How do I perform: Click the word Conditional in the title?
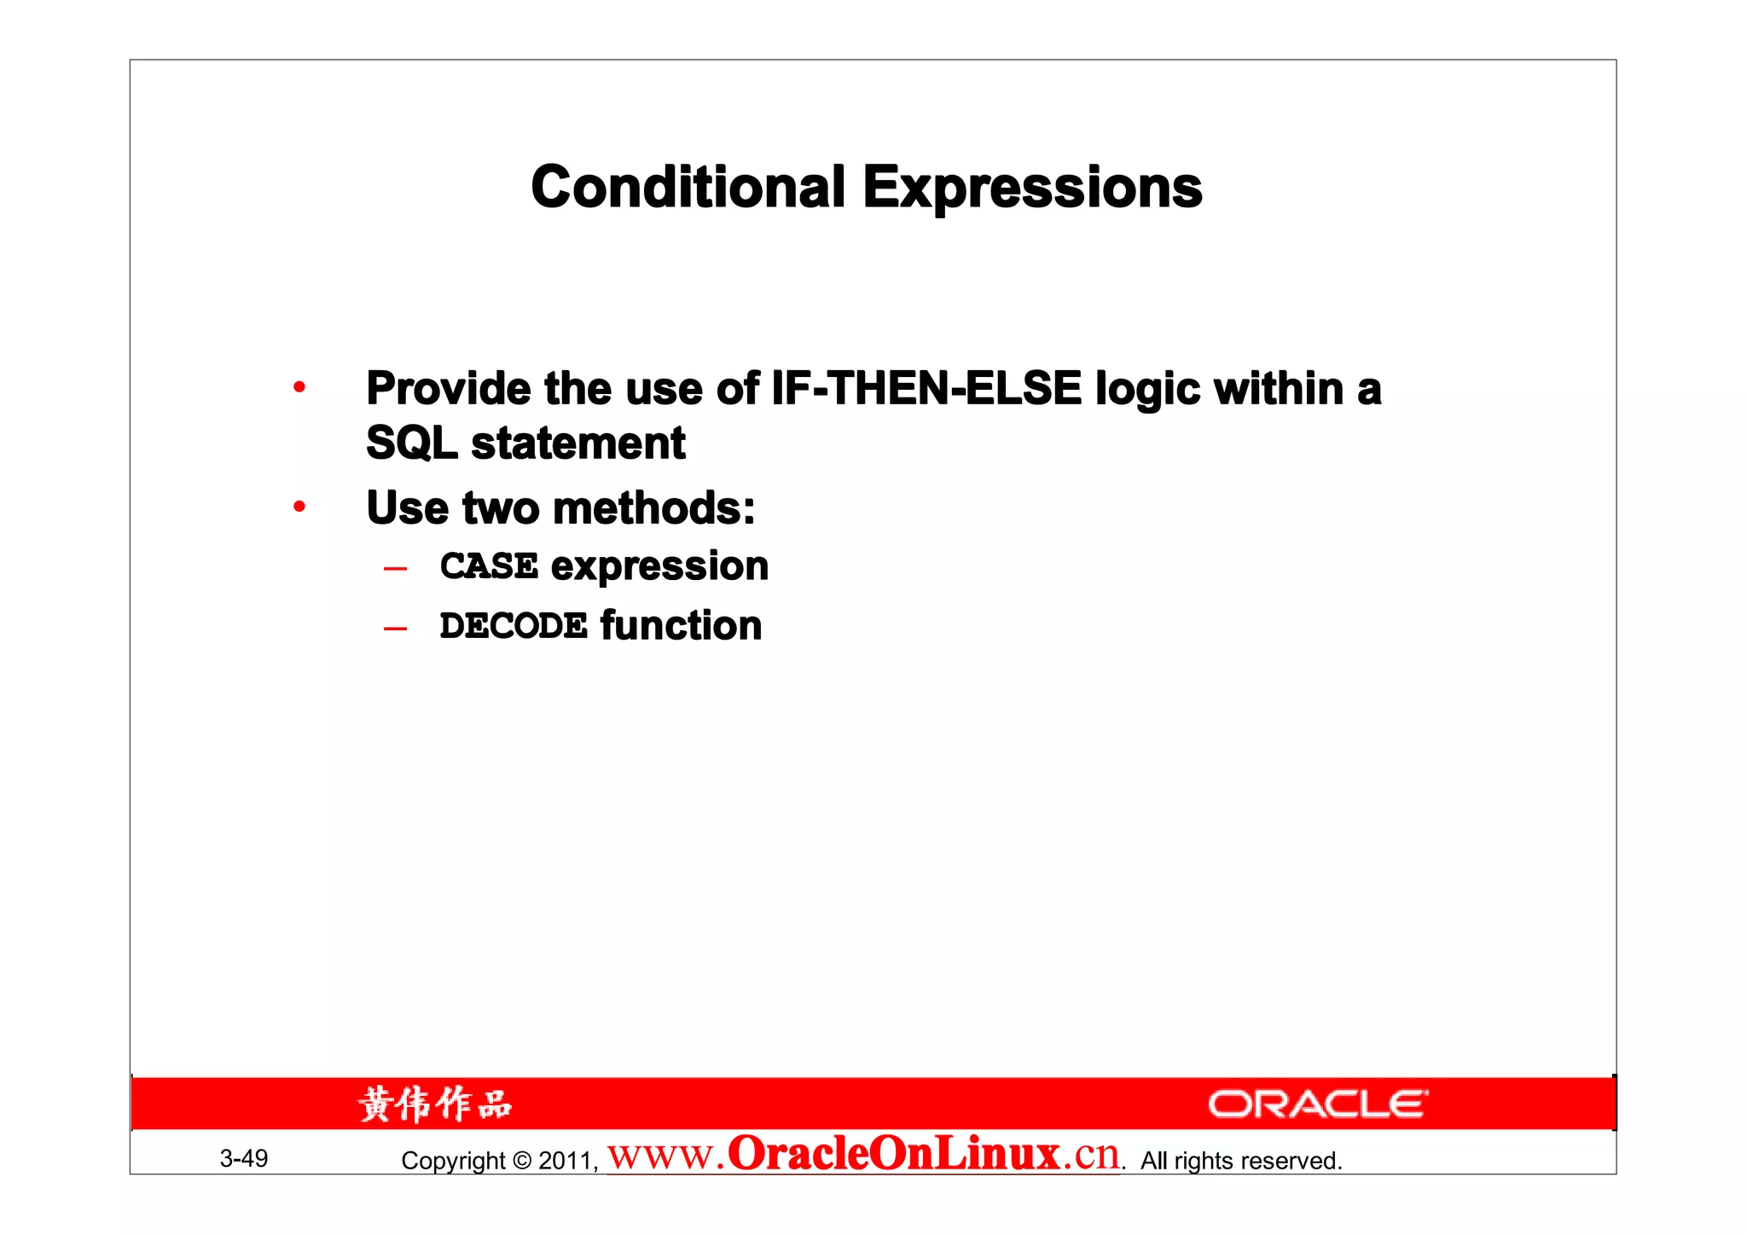point(688,188)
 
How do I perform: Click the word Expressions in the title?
point(1032,188)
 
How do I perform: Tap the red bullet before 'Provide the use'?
point(299,388)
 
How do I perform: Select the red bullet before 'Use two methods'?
point(299,507)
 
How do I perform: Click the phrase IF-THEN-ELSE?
point(926,389)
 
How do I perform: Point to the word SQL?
point(411,444)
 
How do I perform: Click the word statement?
point(578,444)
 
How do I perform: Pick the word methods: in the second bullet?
point(654,508)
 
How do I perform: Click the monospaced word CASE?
point(489,566)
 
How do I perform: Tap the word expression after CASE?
point(659,566)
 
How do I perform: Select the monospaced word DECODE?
point(514,626)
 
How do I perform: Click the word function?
point(681,626)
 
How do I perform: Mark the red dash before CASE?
point(395,569)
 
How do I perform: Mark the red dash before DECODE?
point(395,629)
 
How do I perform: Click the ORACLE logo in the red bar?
point(1317,1105)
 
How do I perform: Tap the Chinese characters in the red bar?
point(435,1105)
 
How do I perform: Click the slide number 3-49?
point(244,1158)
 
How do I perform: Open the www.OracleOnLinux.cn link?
point(863,1155)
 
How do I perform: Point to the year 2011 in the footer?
point(566,1161)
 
